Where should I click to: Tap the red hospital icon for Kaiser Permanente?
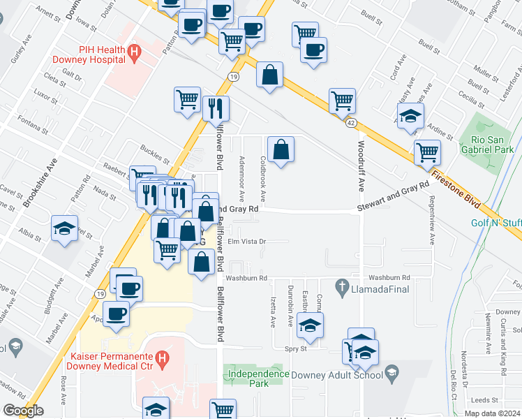click(x=163, y=360)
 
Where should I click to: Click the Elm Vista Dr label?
click(x=248, y=242)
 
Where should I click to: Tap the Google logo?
click(x=22, y=411)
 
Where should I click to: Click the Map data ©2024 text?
click(x=493, y=413)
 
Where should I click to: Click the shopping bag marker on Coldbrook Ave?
click(x=280, y=149)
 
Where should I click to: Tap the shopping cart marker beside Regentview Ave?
click(x=426, y=152)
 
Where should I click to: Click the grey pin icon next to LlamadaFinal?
click(x=342, y=286)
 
